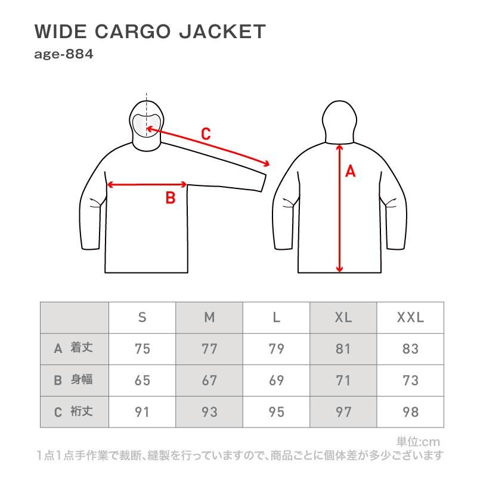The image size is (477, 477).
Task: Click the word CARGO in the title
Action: [133, 32]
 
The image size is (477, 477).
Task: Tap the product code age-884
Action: [64, 54]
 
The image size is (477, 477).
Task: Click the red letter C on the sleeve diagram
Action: [206, 134]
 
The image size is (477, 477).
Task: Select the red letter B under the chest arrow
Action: [171, 198]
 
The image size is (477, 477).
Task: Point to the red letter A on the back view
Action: [350, 171]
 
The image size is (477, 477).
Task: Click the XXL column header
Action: [410, 317]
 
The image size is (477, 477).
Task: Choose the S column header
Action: [142, 317]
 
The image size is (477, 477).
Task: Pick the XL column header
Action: [343, 317]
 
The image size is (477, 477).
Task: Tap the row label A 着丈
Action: [73, 348]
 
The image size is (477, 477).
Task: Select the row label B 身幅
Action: [73, 380]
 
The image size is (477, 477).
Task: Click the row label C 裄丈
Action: [73, 411]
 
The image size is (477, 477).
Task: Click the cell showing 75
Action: [143, 349]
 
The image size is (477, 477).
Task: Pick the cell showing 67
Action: [209, 380]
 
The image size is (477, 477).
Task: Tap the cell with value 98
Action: [410, 412]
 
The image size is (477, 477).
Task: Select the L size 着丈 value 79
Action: [276, 349]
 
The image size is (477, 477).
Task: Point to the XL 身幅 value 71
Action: [343, 380]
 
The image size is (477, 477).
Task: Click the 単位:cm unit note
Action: [418, 442]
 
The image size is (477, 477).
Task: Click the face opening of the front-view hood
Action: [146, 125]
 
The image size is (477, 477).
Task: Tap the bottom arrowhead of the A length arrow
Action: [339, 270]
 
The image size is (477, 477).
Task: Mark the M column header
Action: [209, 317]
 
